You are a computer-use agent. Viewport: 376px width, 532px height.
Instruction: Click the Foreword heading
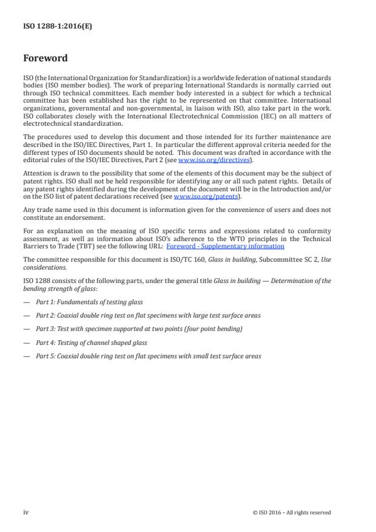pyautogui.click(x=45, y=59)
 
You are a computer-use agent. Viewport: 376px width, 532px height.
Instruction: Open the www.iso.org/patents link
pyautogui.click(x=198, y=197)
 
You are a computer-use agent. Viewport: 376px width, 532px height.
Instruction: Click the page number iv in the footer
pyautogui.click(x=25, y=512)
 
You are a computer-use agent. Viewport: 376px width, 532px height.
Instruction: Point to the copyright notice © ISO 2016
pyautogui.click(x=292, y=513)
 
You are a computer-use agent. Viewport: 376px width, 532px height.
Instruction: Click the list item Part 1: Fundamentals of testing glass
pyautogui.click(x=89, y=302)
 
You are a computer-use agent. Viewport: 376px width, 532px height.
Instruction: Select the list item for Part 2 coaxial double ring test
pyautogui.click(x=140, y=315)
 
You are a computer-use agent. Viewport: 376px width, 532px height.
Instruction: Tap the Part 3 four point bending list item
pyautogui.click(x=139, y=329)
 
